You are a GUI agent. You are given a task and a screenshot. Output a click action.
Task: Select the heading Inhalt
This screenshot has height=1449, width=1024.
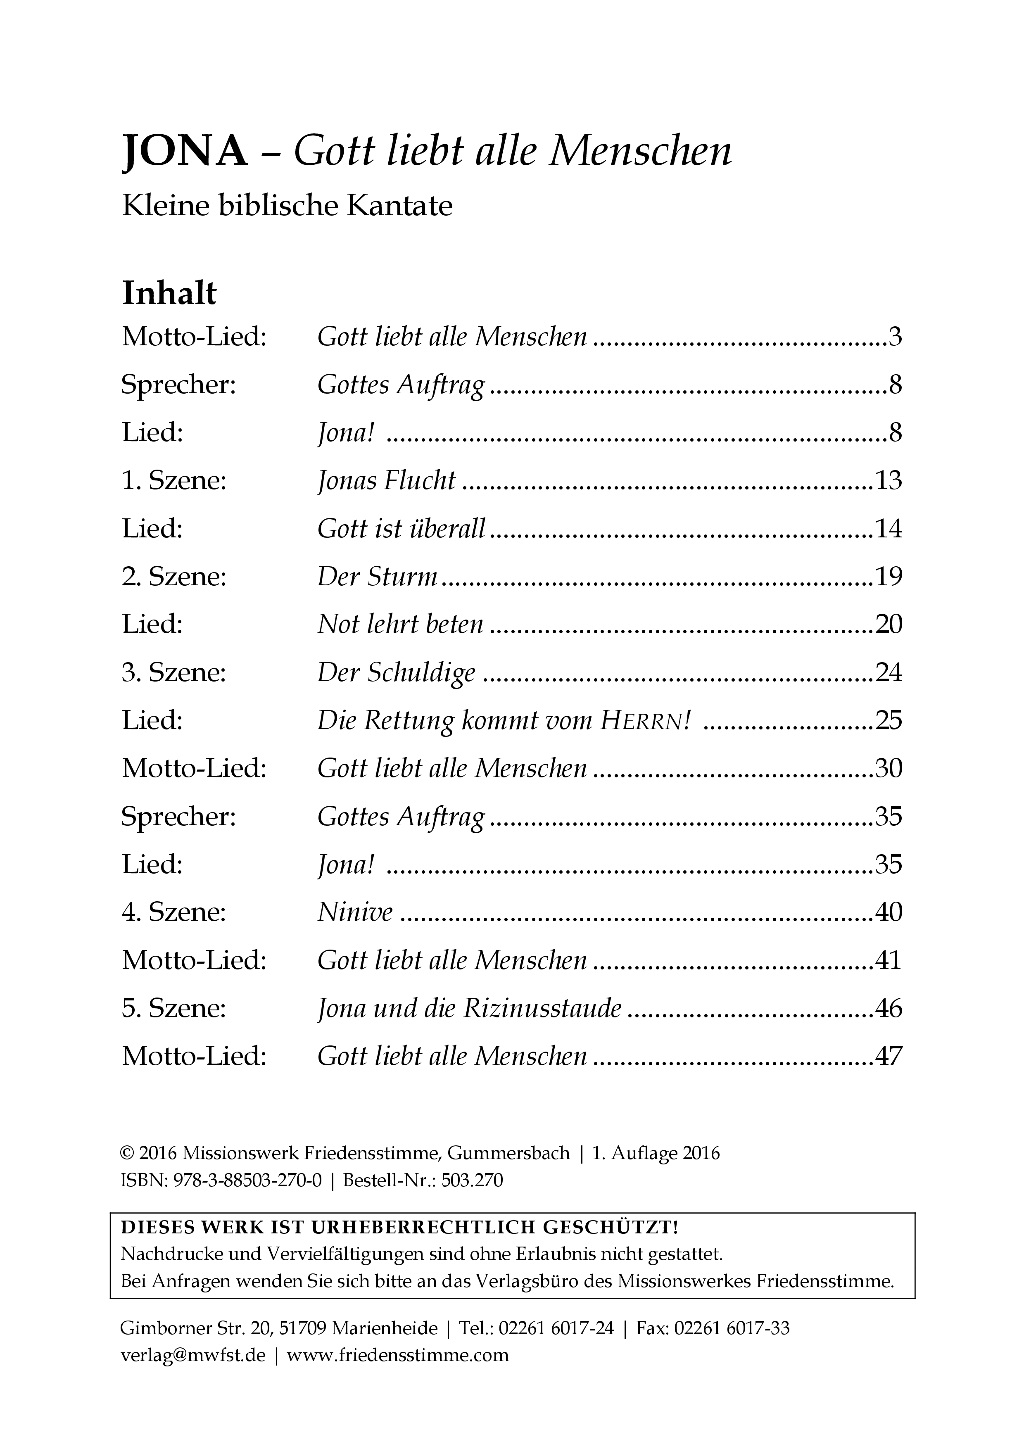point(169,293)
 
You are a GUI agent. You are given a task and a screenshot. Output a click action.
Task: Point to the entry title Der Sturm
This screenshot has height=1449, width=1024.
point(377,577)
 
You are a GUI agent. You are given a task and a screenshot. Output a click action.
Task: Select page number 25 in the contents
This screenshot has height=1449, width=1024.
point(889,721)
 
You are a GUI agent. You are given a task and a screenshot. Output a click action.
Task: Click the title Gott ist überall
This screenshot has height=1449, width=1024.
point(401,529)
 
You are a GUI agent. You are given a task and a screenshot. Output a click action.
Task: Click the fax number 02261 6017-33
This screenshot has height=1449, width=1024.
point(732,1328)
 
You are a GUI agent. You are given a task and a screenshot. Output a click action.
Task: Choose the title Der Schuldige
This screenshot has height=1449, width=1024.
point(396,673)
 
